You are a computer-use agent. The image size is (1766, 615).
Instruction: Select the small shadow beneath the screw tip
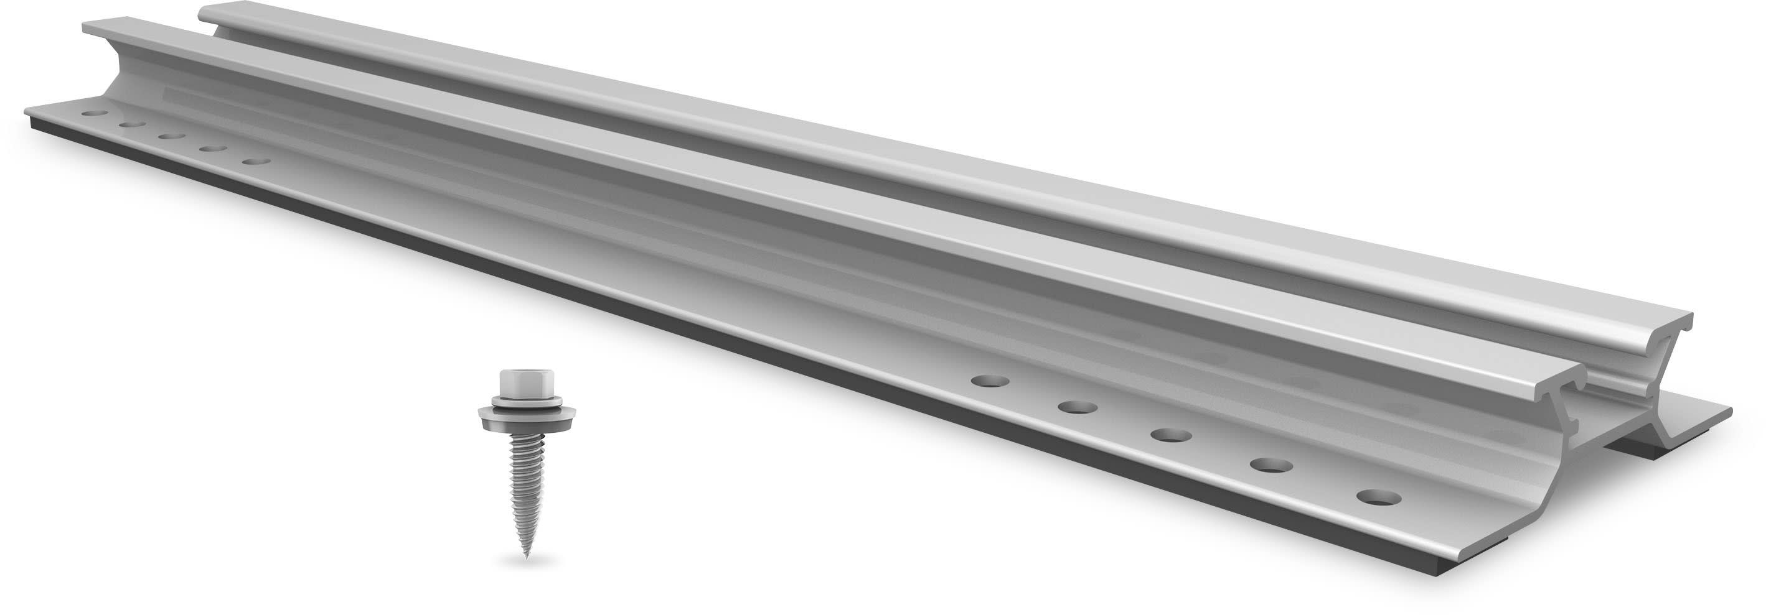(527, 563)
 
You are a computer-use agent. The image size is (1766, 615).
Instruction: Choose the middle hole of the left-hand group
(171, 136)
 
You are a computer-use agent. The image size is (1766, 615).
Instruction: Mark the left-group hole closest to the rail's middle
(256, 162)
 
